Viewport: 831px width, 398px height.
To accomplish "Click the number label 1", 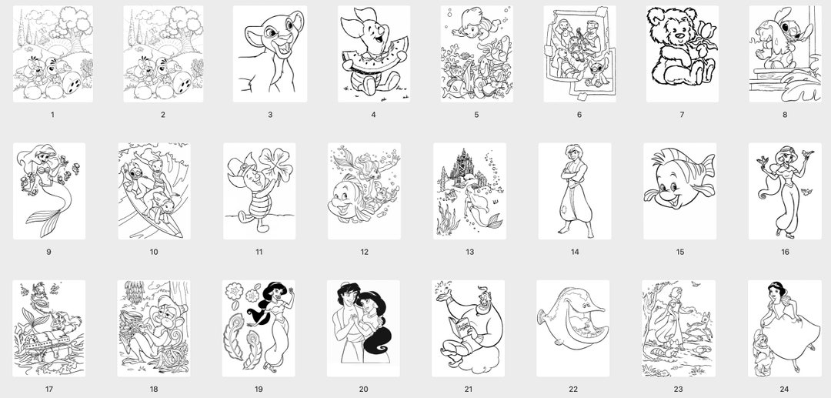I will click(x=52, y=115).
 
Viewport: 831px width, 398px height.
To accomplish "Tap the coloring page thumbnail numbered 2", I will click(x=162, y=54).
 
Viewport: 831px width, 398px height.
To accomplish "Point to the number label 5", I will click(x=476, y=115).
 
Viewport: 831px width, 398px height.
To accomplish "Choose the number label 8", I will click(x=785, y=115).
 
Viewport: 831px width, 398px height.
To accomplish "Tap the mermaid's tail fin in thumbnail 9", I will click(x=48, y=223).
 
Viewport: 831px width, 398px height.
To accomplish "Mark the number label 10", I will click(x=154, y=252).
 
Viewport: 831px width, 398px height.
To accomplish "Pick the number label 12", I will click(x=364, y=252).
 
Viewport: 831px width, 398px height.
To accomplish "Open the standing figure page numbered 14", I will click(x=574, y=191).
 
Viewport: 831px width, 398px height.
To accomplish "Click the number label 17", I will click(x=48, y=389).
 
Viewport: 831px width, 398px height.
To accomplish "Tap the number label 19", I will click(x=259, y=389).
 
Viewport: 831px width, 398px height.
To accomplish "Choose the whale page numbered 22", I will click(x=573, y=328).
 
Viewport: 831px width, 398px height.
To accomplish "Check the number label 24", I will click(x=784, y=389).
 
